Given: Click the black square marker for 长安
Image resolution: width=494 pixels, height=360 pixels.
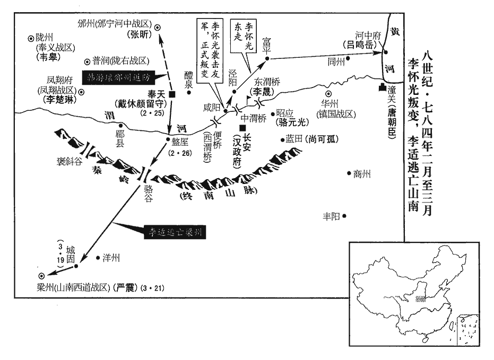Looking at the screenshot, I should click(x=242, y=129).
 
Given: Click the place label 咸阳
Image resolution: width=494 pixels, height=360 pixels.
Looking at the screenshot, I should click(x=211, y=107).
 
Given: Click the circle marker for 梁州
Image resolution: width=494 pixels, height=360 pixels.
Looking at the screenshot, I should click(x=42, y=276).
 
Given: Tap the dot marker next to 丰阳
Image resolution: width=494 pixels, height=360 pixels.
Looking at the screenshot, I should click(x=344, y=216).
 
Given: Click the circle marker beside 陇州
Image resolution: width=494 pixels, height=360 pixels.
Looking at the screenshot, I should click(x=30, y=38).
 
